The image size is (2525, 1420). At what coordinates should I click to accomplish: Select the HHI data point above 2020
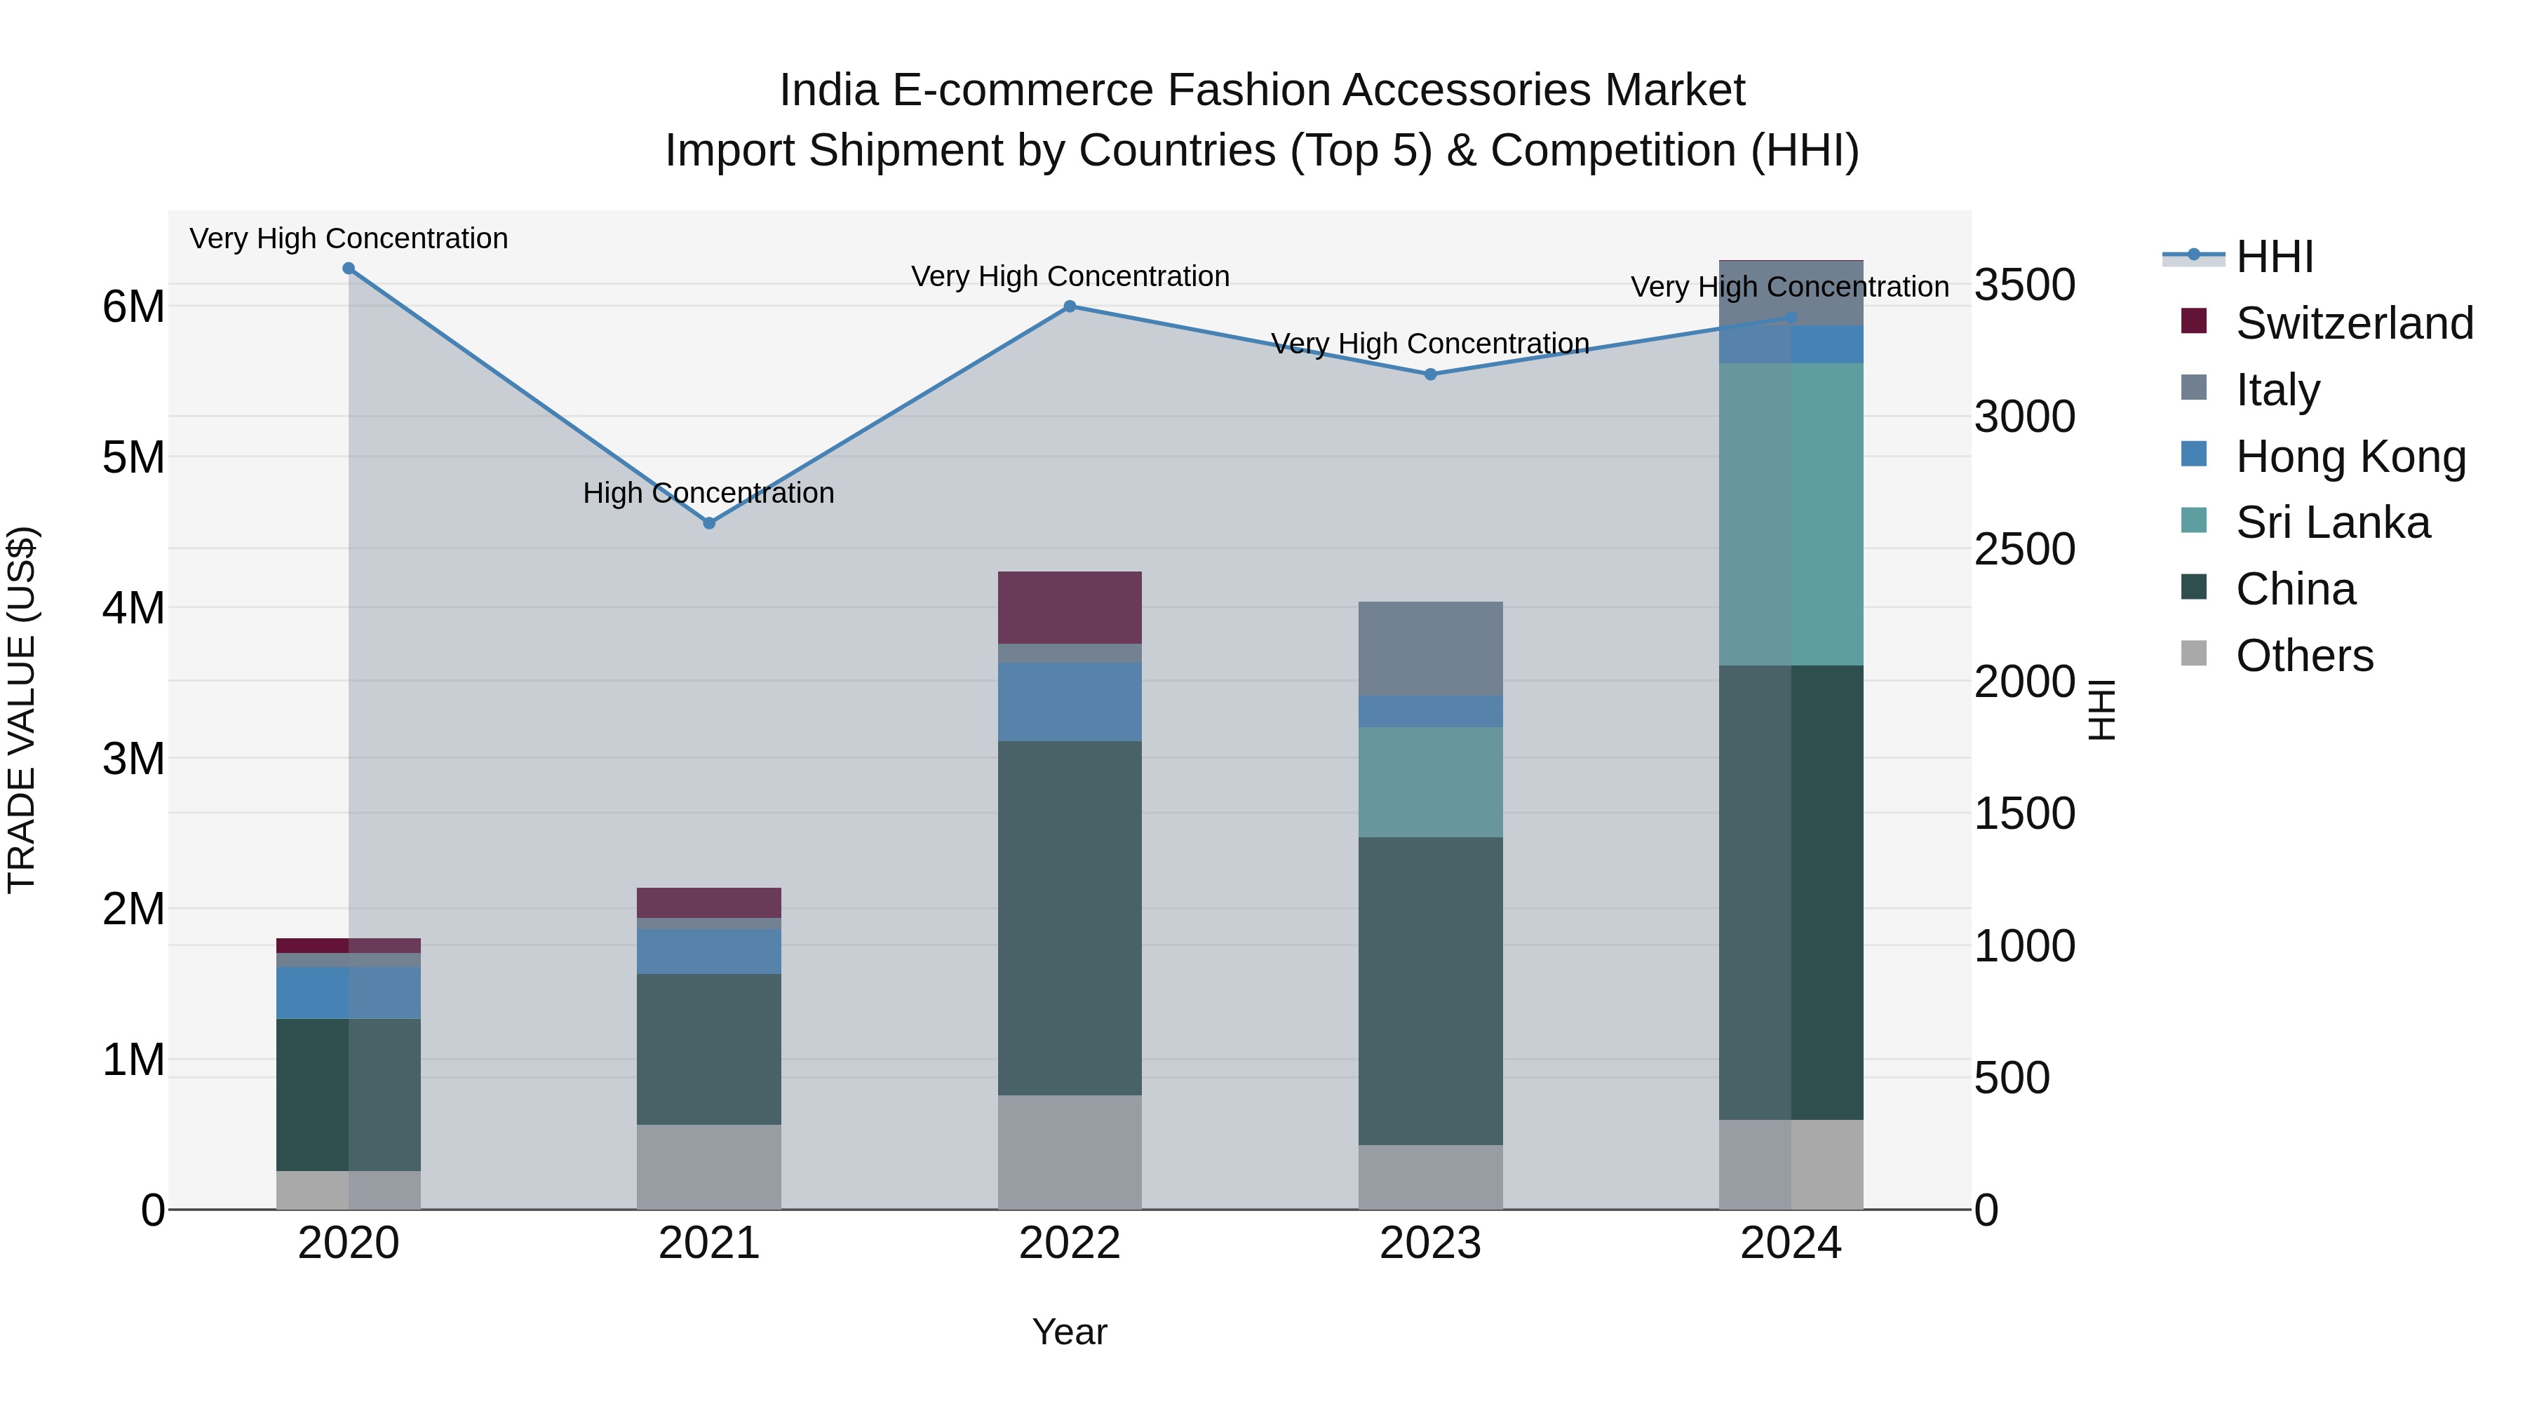click(349, 269)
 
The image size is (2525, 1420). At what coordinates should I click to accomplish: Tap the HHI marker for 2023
click(1430, 374)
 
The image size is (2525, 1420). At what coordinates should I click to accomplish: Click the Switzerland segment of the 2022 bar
click(1070, 607)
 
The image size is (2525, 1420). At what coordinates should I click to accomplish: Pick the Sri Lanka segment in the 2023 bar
click(1430, 782)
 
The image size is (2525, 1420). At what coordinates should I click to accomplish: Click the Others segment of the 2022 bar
click(1070, 1151)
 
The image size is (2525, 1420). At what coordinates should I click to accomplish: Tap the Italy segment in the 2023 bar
click(1430, 649)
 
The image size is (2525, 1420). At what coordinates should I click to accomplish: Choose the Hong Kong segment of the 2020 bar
click(349, 993)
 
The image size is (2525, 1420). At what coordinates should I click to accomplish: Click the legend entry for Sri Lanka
click(2333, 522)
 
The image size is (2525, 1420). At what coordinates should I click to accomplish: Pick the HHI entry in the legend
click(2274, 257)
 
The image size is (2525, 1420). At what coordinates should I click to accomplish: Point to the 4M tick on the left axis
click(133, 607)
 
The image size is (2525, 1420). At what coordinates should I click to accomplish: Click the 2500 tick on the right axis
click(2024, 549)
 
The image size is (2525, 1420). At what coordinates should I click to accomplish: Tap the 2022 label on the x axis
click(1070, 1243)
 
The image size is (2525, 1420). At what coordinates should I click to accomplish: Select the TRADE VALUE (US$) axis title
click(22, 710)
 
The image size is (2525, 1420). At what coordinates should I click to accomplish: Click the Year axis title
click(1070, 1332)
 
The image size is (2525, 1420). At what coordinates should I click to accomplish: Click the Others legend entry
click(2303, 656)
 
